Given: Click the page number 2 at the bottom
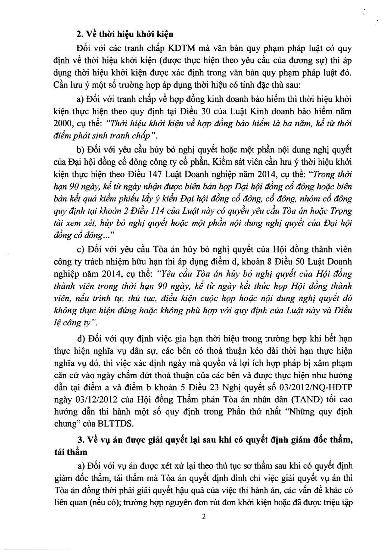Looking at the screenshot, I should pos(204,516).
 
